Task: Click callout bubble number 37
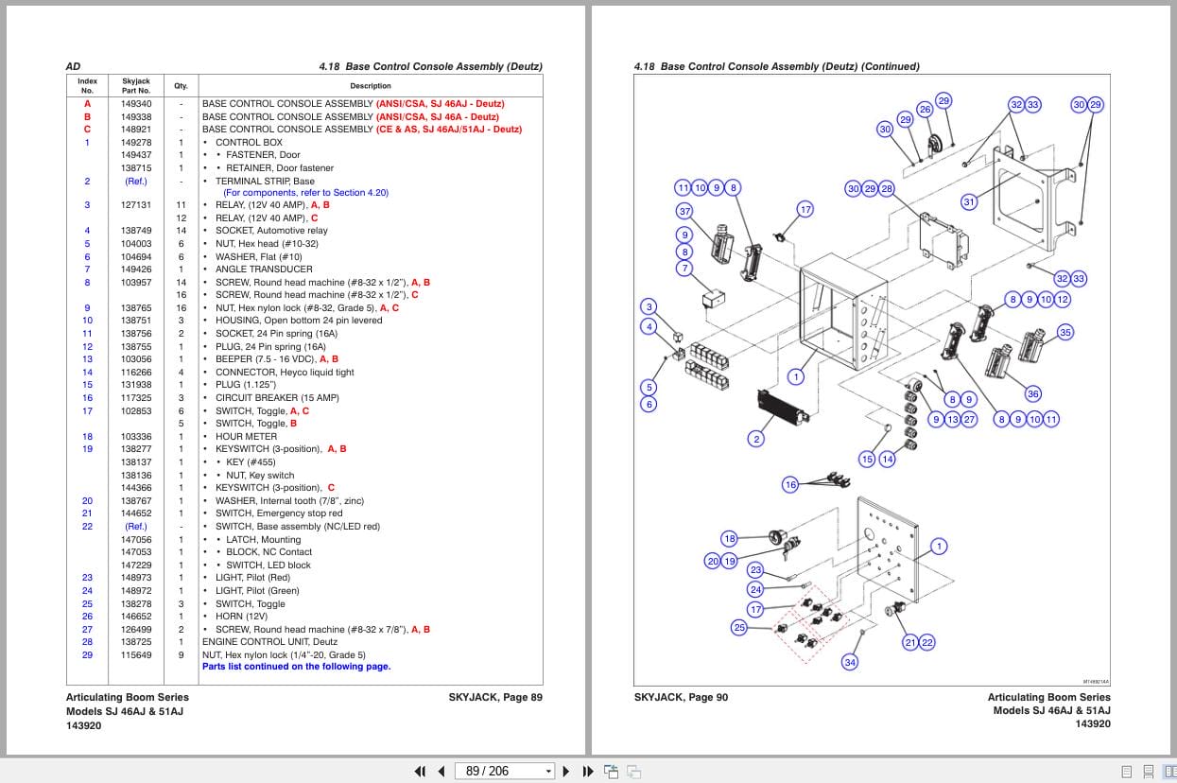684,211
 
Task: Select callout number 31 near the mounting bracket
969,201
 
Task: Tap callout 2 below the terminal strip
755,439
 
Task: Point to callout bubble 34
850,662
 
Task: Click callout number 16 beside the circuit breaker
790,484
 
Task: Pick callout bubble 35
1065,332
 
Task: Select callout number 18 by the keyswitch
729,538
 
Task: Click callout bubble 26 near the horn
925,110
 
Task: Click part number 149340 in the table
136,104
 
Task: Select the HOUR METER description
246,437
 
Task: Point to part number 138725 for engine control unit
136,642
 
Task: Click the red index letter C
87,130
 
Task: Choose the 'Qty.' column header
181,85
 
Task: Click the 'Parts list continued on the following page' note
296,667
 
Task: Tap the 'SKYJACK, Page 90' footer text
681,698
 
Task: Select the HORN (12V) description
241,617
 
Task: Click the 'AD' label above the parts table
73,66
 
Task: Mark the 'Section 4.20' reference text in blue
360,193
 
